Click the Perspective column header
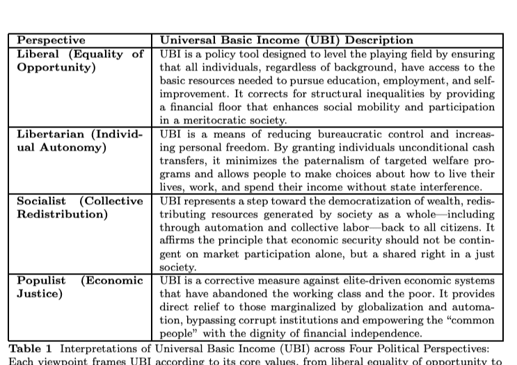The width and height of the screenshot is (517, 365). (51, 40)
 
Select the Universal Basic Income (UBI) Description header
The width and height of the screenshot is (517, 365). (287, 40)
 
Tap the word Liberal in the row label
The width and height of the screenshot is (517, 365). (38, 54)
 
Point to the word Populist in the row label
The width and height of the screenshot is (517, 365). (41, 280)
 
